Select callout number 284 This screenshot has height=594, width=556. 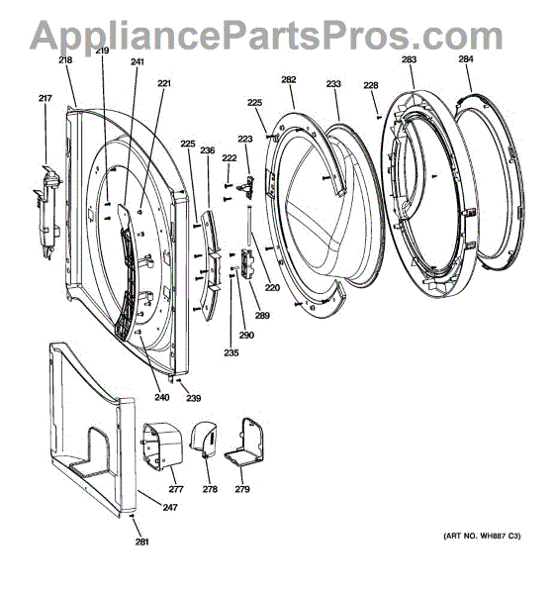coord(466,59)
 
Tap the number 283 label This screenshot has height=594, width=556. coord(409,59)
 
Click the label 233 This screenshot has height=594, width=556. coord(333,85)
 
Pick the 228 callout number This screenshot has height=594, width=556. coord(371,85)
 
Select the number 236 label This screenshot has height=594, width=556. coord(208,150)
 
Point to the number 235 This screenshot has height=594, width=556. coord(231,353)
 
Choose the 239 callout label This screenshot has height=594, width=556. coord(194,398)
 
